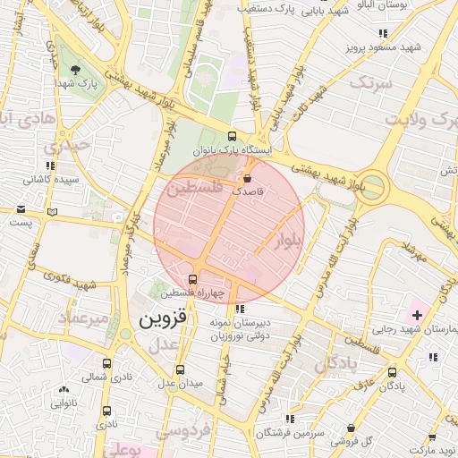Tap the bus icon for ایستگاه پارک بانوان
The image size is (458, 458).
pyautogui.click(x=233, y=137)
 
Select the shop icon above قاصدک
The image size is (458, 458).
pyautogui.click(x=247, y=179)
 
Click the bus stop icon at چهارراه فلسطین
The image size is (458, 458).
pyautogui.click(x=193, y=278)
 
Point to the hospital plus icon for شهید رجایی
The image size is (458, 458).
pyautogui.click(x=416, y=314)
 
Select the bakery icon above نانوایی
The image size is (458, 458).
pyautogui.click(x=64, y=390)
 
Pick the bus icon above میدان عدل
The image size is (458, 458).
pyautogui.click(x=181, y=369)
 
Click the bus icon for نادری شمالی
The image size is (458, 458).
pyautogui.click(x=107, y=364)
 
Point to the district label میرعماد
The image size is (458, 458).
pyautogui.click(x=83, y=318)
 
